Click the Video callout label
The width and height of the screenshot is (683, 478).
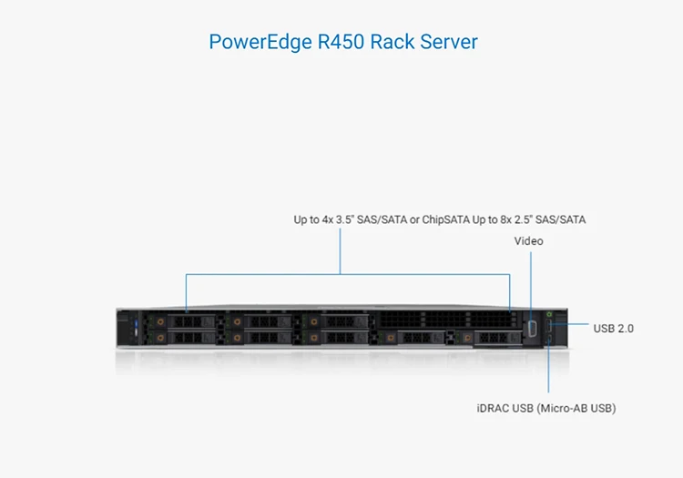[x=528, y=241]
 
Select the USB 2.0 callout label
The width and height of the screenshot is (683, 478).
[x=613, y=328]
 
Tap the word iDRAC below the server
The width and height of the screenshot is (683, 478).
[x=494, y=408]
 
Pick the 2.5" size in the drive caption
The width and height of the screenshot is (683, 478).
[x=520, y=220]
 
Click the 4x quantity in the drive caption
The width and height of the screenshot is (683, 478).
[x=328, y=220]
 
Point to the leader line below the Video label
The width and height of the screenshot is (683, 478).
[x=530, y=282]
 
